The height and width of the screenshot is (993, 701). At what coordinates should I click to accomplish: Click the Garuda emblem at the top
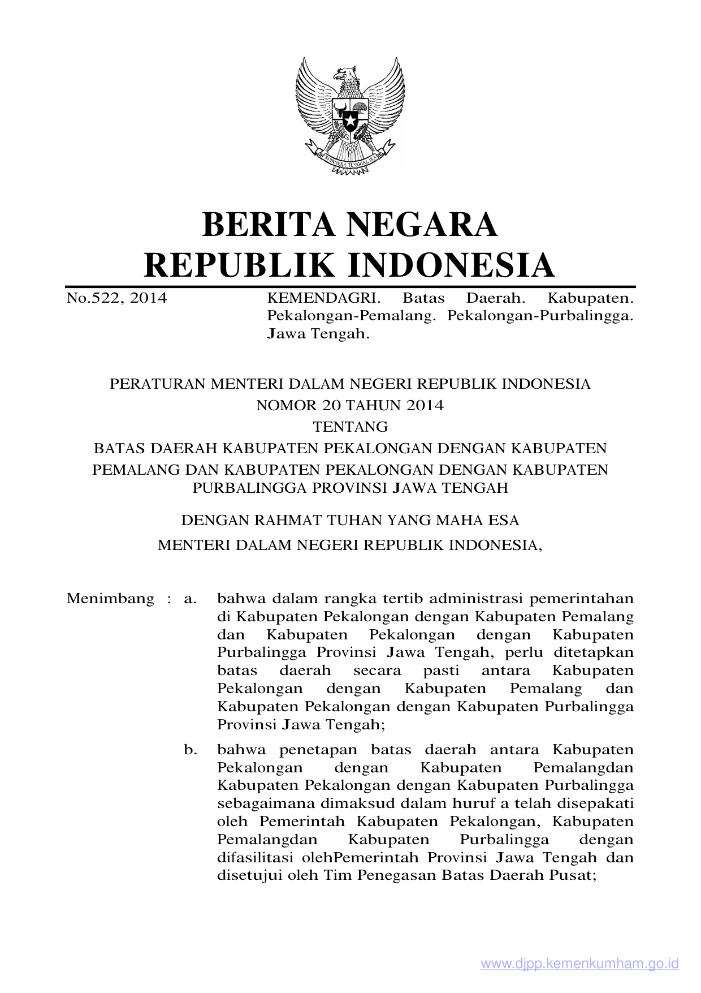[350, 116]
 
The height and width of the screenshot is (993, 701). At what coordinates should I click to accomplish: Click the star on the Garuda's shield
[350, 121]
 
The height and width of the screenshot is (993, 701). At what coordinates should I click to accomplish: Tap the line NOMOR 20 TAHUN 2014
[350, 405]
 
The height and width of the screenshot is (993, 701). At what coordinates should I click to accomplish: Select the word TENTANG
[350, 427]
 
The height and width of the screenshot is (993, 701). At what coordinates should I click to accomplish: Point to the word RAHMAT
[287, 520]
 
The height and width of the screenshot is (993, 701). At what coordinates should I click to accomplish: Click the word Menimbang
[110, 599]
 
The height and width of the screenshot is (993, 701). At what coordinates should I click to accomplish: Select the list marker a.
[190, 599]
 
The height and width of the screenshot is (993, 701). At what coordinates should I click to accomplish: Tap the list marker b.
[191, 750]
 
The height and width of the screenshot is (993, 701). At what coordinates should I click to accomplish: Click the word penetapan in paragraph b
[318, 750]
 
